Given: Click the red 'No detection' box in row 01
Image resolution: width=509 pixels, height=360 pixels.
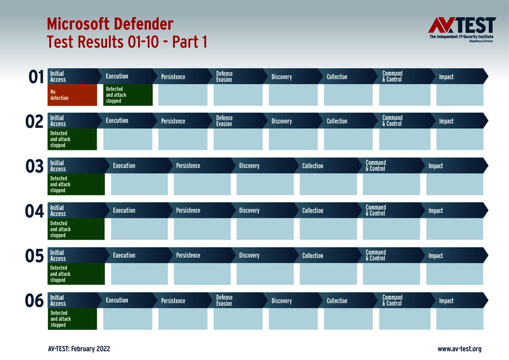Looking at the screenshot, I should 72,95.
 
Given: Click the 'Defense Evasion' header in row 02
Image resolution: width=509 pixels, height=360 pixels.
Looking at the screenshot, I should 225,121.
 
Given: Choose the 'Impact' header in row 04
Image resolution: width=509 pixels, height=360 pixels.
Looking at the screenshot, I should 436,211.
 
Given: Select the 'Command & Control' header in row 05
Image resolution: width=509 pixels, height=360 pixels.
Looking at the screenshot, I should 376,255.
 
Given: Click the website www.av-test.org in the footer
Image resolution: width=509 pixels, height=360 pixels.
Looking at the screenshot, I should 459,349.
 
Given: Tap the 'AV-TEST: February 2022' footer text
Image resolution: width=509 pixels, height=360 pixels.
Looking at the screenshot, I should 79,349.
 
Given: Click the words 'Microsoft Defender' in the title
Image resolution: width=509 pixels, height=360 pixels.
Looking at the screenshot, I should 110,23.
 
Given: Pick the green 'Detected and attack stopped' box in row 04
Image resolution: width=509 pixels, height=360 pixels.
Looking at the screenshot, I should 76,229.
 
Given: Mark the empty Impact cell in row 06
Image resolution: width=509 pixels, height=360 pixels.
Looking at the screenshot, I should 459,319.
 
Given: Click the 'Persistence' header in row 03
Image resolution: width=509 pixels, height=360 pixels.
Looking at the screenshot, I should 188,166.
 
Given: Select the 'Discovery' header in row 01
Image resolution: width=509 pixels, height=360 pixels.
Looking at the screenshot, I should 282,77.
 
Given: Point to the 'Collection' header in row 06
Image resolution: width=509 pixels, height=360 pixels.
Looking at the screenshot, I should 337,301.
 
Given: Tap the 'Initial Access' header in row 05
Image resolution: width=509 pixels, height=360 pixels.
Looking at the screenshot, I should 58,255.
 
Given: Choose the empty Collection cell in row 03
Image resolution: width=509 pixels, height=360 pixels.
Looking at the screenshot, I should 328,184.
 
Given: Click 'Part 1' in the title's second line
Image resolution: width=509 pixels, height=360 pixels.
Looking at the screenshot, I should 188,42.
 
